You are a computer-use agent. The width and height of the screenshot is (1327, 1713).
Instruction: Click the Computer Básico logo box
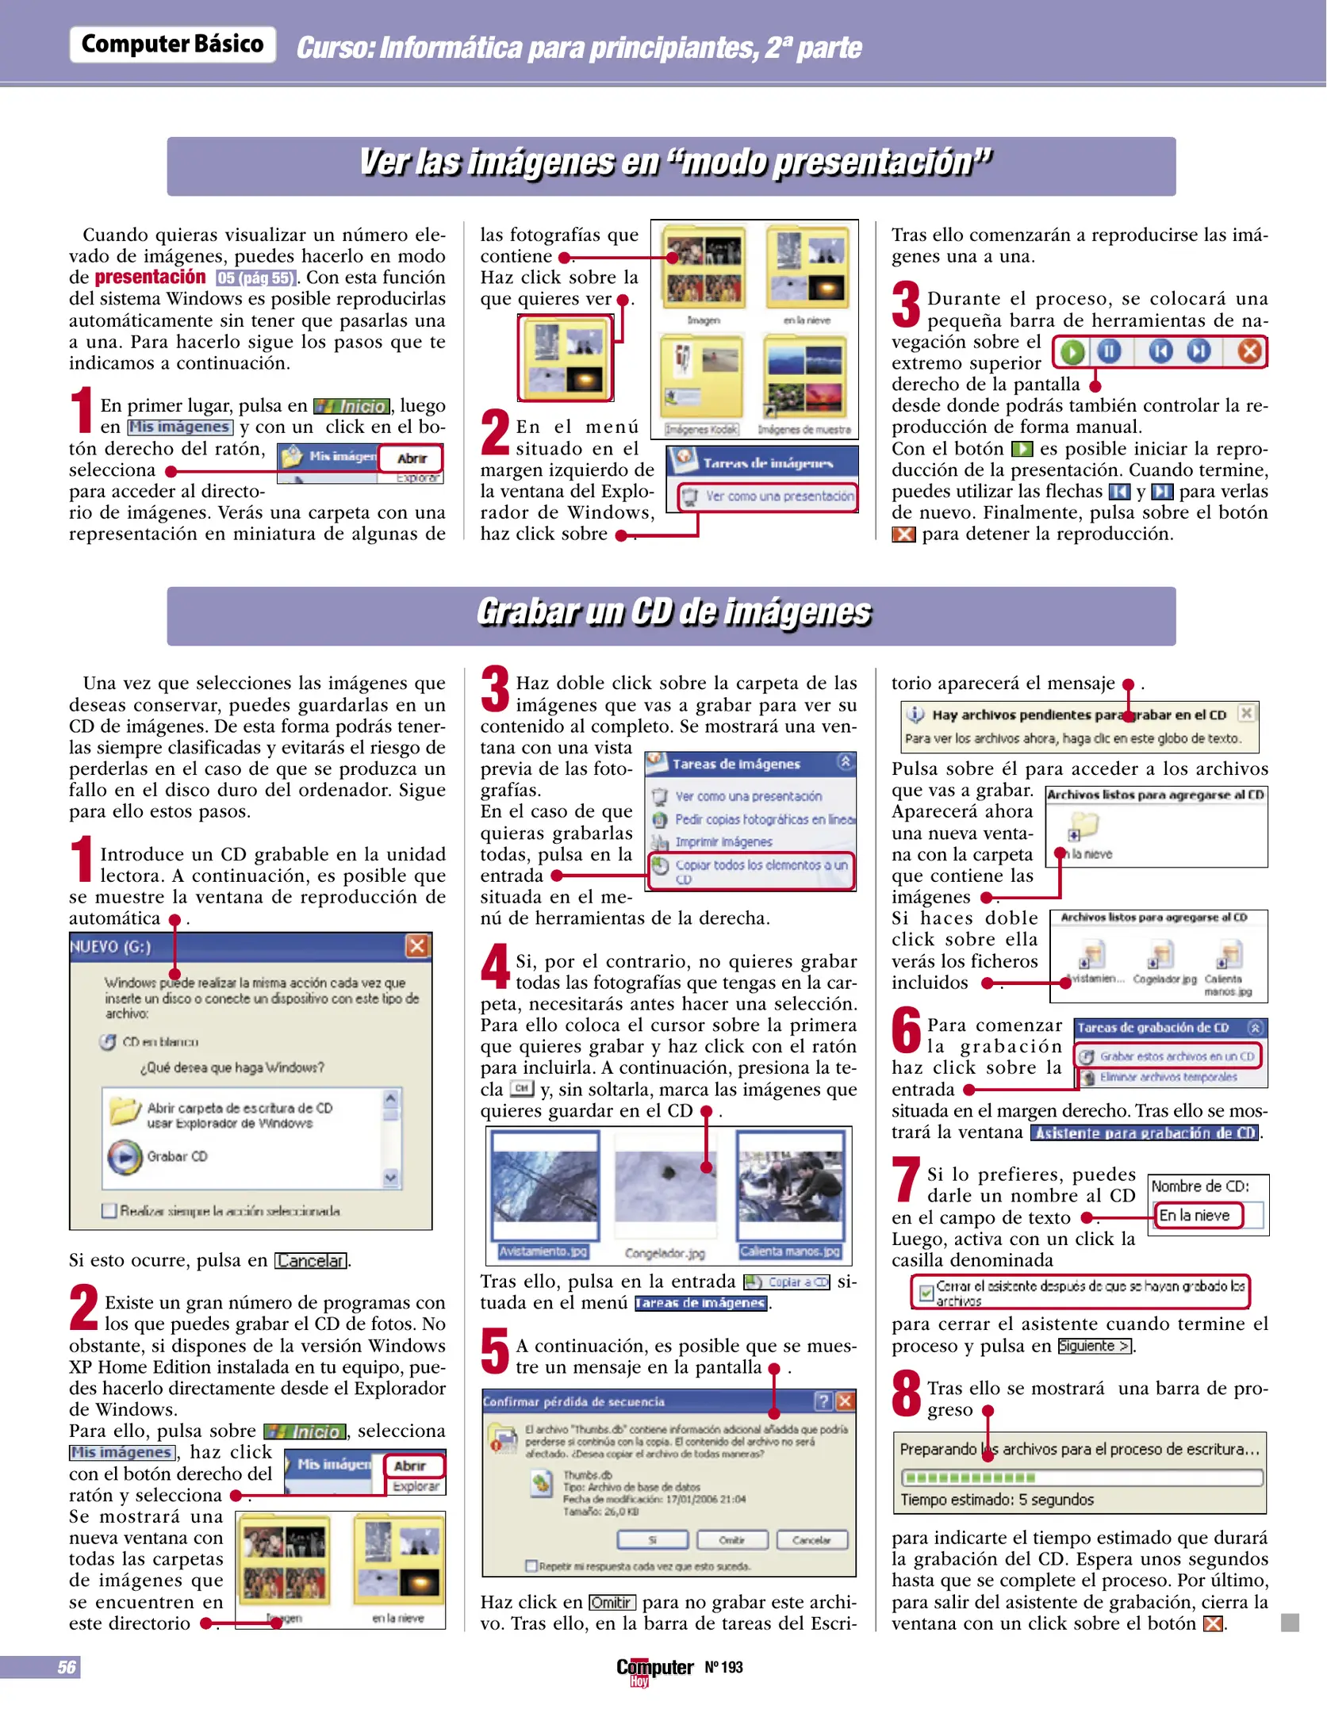[172, 44]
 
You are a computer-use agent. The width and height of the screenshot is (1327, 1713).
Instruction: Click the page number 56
[67, 1667]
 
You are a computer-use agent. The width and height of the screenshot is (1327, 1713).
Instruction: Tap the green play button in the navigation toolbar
[1072, 351]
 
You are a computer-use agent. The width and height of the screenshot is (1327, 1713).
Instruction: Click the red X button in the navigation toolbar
[1249, 351]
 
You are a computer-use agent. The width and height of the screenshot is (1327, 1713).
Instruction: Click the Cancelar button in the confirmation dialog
[811, 1540]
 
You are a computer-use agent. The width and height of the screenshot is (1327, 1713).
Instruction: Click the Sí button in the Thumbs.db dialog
[652, 1540]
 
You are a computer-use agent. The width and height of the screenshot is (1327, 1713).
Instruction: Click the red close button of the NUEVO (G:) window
[417, 945]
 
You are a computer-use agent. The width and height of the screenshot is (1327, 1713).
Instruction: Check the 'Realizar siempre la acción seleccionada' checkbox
[109, 1211]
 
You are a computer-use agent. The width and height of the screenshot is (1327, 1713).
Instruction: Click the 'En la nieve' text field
[1198, 1215]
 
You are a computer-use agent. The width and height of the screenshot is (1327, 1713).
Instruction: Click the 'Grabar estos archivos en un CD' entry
[1169, 1056]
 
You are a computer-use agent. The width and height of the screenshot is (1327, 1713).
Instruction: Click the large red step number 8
[906, 1394]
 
